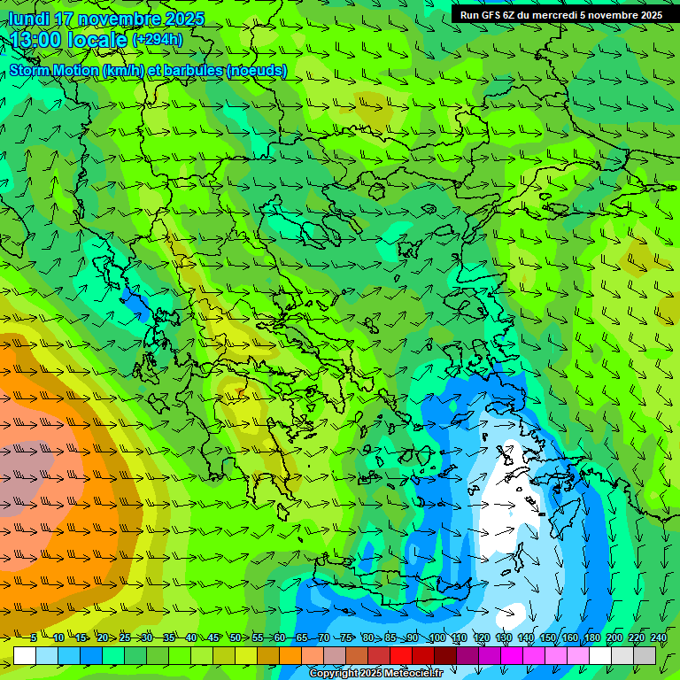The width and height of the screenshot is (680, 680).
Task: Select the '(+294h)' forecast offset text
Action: pos(158,40)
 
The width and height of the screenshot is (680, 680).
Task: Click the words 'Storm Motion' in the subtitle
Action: pos(54,71)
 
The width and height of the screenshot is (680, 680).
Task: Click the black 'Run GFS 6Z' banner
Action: pos(561,14)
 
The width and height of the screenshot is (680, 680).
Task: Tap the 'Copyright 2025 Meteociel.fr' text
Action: pos(377,674)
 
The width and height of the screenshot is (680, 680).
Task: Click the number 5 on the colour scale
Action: pos(33,637)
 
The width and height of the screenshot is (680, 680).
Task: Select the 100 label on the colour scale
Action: pos(437,637)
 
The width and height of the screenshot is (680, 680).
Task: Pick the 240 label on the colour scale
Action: pos(658,637)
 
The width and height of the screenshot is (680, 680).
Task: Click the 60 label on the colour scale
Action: pos(280,637)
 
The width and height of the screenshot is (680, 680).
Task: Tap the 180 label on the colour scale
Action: pos(591,637)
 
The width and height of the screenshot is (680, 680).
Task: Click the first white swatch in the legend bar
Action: pos(25,654)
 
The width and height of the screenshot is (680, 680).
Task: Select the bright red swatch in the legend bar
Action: pos(401,654)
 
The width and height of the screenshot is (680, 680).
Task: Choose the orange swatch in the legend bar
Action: pos(290,654)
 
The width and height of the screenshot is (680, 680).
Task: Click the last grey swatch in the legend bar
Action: pos(645,654)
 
